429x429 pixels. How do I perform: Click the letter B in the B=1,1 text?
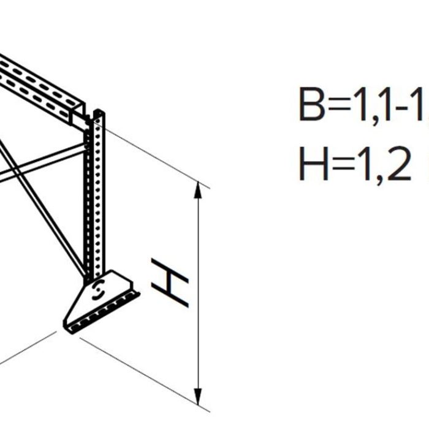coord(312,105)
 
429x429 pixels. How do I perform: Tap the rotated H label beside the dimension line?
coord(170,283)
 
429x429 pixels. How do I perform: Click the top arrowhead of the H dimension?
coord(198,190)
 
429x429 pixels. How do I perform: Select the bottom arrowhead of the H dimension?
coord(198,397)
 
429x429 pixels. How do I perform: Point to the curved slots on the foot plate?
coord(97,290)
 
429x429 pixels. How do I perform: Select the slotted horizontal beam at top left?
coord(37,83)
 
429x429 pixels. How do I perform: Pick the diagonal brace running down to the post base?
coord(43,202)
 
